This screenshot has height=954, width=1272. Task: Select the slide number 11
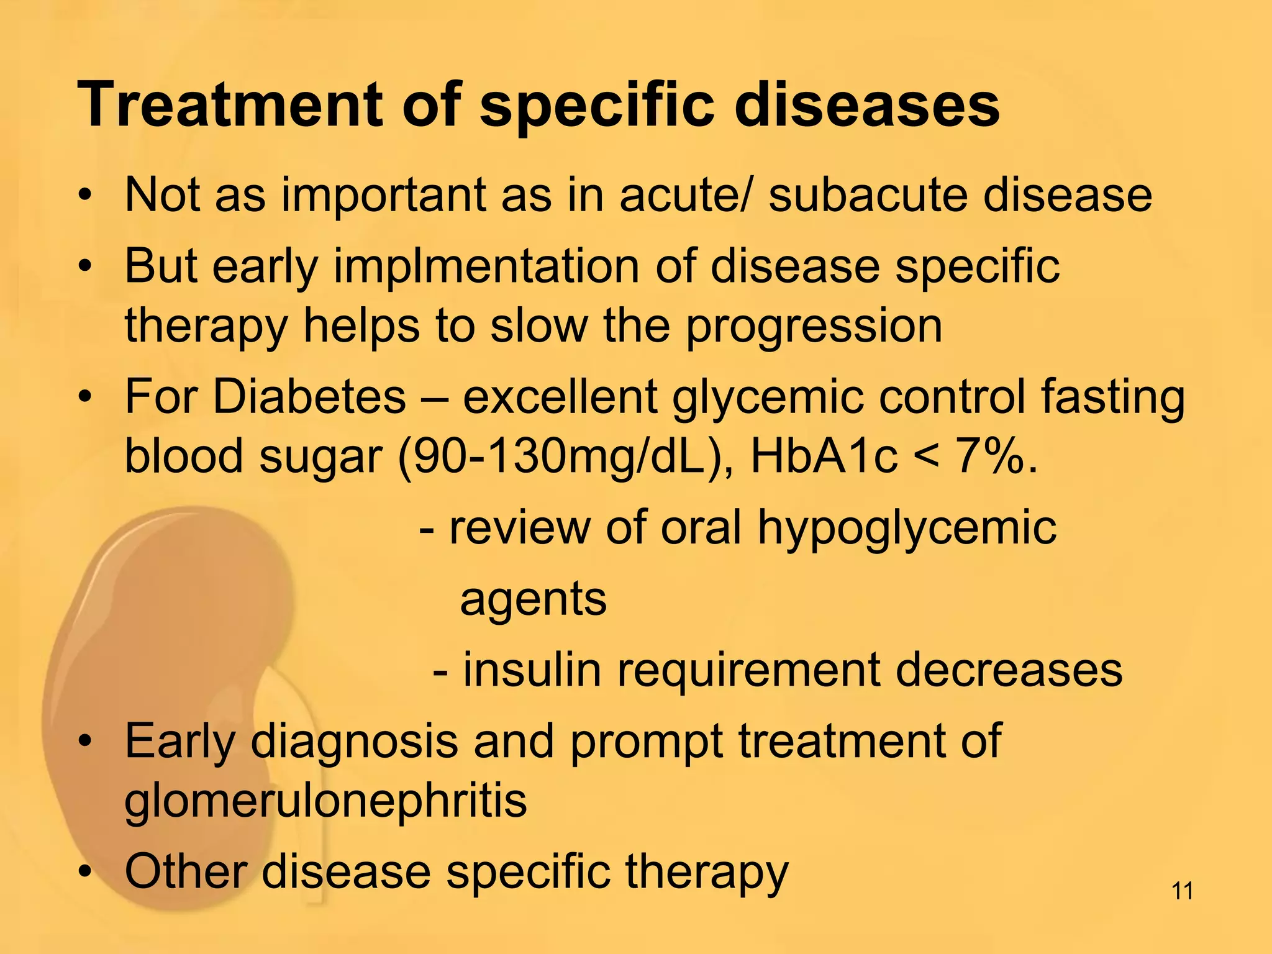[x=1182, y=891]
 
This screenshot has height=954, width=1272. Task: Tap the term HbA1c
[x=824, y=456]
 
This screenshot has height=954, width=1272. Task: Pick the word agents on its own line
[x=533, y=600]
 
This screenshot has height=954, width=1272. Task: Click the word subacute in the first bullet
[x=867, y=195]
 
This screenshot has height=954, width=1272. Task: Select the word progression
[x=814, y=327]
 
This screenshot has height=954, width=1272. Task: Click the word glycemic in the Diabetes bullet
[x=768, y=397]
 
